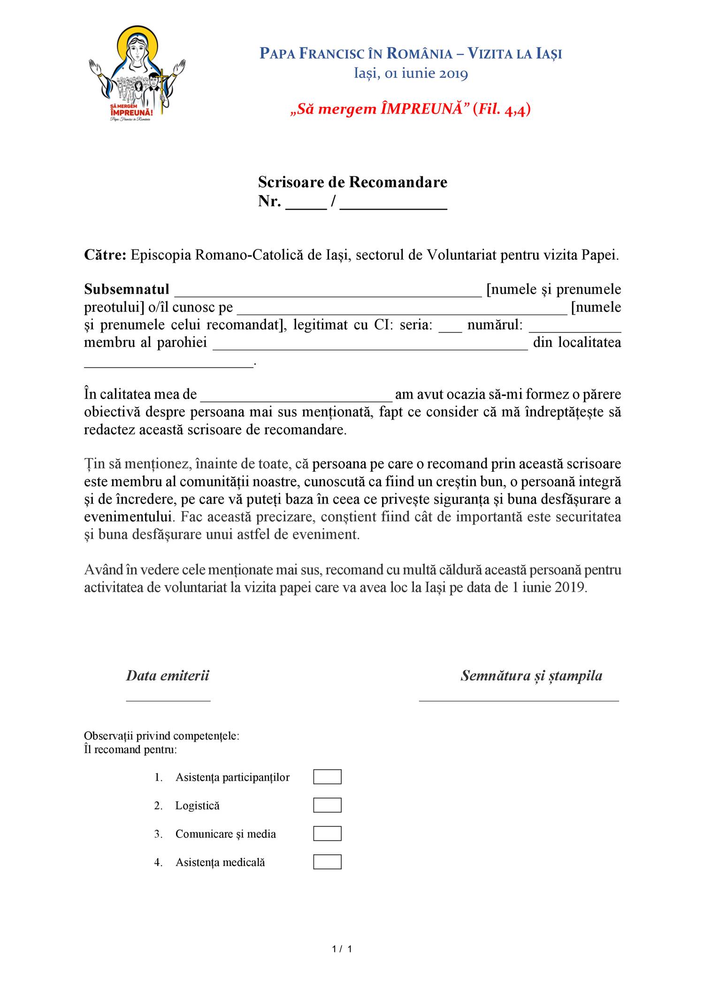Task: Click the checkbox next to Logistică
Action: [327, 805]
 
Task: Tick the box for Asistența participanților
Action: [327, 776]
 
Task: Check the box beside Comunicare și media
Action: [327, 833]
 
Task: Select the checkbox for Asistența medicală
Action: [327, 862]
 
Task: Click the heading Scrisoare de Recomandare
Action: [352, 182]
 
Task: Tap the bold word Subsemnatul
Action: [127, 289]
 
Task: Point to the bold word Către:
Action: [105, 255]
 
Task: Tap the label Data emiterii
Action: [168, 676]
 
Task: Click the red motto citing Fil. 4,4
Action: [411, 109]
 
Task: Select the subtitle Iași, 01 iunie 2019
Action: [411, 74]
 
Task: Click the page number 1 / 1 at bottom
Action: [342, 949]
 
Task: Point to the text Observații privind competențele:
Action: [161, 736]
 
